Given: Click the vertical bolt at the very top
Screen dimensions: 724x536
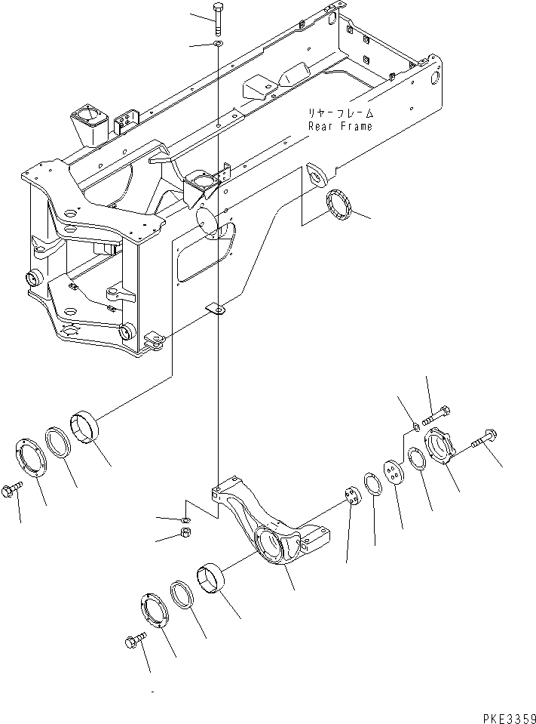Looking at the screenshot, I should (217, 18).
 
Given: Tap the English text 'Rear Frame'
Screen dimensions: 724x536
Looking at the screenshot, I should (340, 126).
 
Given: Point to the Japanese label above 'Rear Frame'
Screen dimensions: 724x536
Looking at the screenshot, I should (340, 113).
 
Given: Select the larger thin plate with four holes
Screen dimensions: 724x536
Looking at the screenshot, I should (391, 473).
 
